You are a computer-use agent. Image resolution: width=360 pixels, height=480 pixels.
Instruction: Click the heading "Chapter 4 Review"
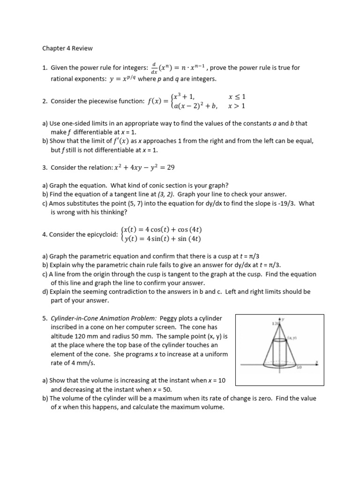click(67, 48)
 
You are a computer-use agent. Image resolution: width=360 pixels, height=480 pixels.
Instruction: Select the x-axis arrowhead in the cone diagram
click(317, 362)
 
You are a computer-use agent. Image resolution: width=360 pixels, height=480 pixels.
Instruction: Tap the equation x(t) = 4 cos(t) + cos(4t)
click(162, 230)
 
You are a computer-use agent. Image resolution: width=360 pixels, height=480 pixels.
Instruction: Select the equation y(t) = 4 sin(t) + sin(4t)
click(162, 239)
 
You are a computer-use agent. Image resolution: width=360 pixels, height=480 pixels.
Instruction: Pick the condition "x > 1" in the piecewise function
click(237, 106)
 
